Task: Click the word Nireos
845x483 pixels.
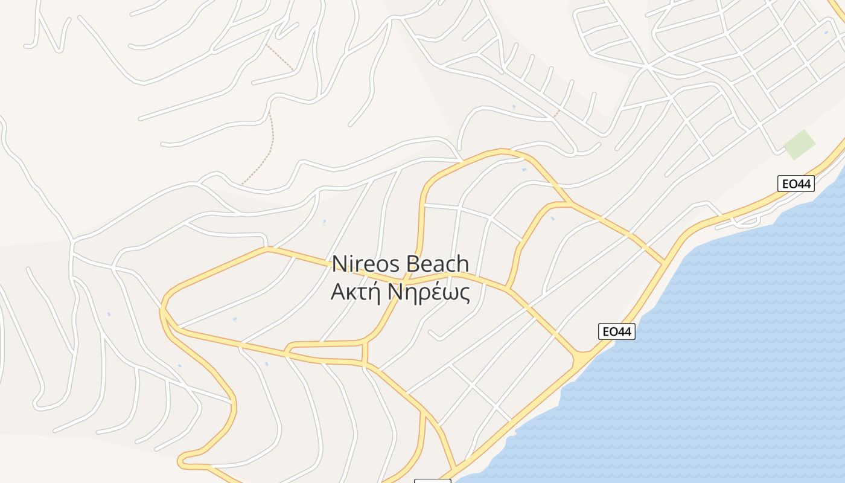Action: pyautogui.click(x=366, y=264)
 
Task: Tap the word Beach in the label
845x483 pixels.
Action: pyautogui.click(x=438, y=264)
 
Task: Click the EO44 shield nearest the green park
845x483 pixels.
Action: pyautogui.click(x=796, y=184)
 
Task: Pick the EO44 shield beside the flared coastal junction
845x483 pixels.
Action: pyautogui.click(x=617, y=331)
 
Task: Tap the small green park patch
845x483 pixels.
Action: pyautogui.click(x=799, y=145)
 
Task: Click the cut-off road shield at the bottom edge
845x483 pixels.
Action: pyautogui.click(x=432, y=481)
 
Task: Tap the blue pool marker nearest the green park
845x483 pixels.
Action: pyautogui.click(x=826, y=32)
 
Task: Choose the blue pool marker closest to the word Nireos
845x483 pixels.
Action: pyautogui.click(x=324, y=222)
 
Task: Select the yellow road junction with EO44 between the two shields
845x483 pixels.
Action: pyautogui.click(x=664, y=262)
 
